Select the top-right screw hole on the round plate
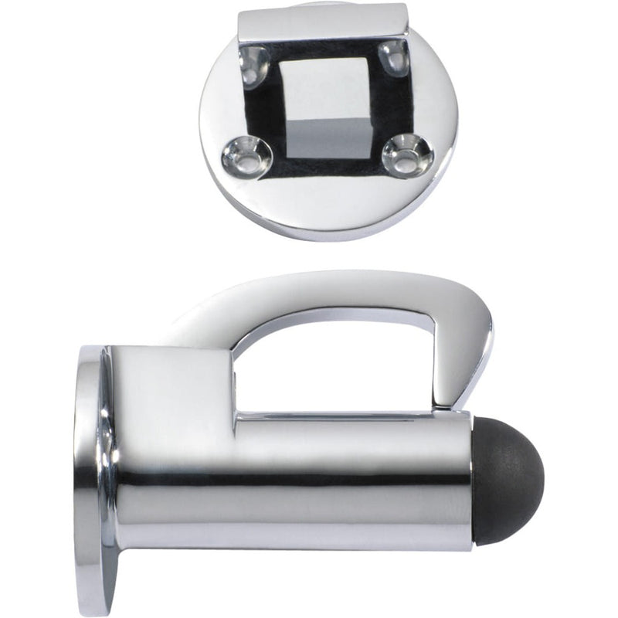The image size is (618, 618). coord(395,57)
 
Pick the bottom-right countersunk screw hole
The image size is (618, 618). coord(403,151)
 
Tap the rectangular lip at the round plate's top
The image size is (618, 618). coord(323,23)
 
